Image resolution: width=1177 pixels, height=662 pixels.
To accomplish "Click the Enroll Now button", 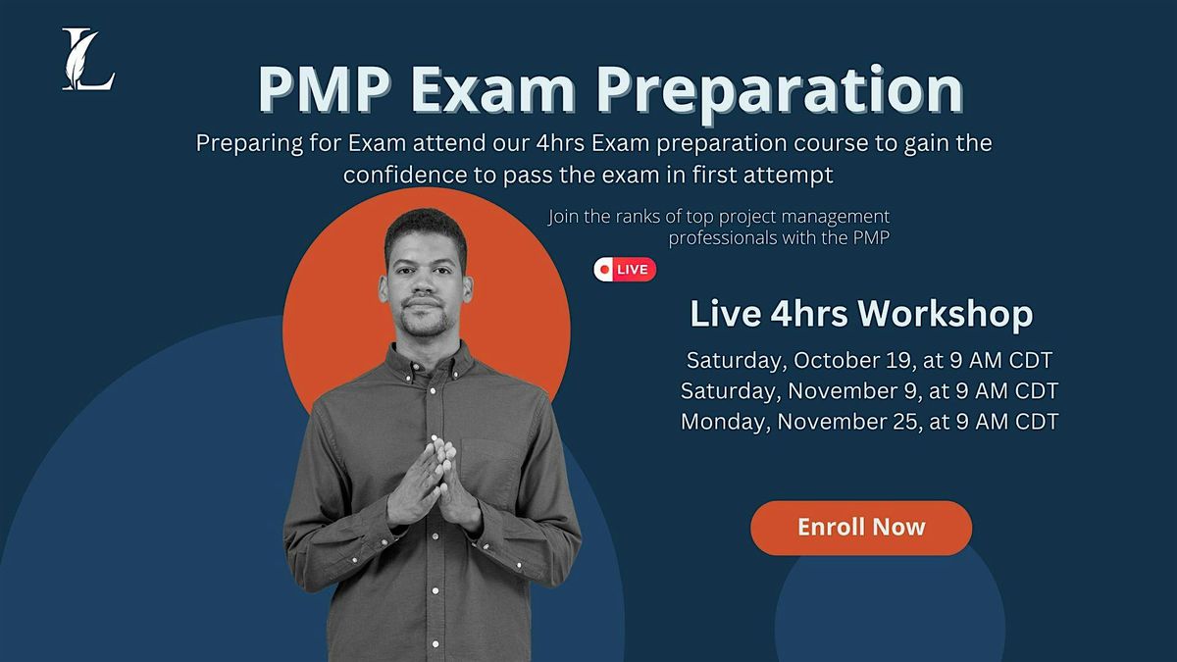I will (861, 528).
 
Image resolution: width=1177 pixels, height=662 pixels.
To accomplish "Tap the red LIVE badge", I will (625, 270).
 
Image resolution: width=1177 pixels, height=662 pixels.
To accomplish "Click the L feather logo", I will (87, 60).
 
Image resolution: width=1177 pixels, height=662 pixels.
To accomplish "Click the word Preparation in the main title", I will (779, 91).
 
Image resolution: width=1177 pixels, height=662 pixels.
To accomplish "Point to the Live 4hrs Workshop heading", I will (861, 314).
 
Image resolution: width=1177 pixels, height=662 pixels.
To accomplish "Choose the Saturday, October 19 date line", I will (869, 359).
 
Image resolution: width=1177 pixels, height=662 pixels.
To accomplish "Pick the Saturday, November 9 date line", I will (869, 390).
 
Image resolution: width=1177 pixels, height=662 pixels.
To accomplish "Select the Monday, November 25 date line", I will (869, 422).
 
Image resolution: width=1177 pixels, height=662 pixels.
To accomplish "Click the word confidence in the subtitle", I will (403, 176).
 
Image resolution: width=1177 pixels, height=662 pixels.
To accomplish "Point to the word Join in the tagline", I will (566, 217).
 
